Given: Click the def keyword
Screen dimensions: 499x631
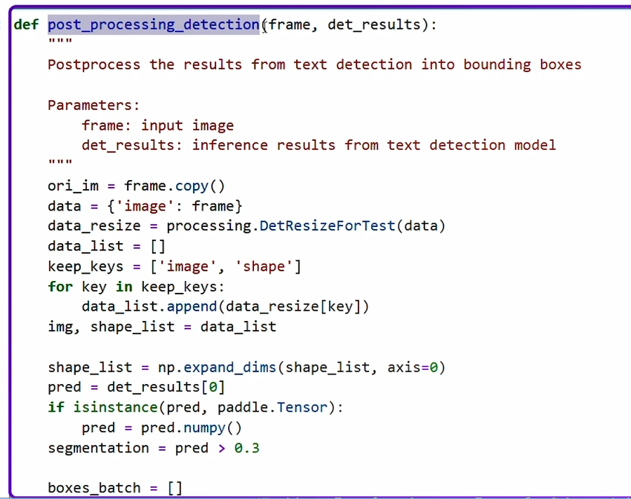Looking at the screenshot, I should coord(25,24).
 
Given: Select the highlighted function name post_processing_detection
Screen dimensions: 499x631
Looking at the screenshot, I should coord(154,24).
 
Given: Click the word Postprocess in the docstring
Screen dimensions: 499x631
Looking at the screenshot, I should coord(94,65).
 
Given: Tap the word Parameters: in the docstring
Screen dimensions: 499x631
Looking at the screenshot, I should coord(94,105).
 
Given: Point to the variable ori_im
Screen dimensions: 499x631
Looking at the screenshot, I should coord(73,185).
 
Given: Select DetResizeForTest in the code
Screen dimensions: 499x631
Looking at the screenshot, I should coord(327,225).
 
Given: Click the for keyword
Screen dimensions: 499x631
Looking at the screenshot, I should coord(60,286).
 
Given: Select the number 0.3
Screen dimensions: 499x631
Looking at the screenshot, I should coord(246,448).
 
